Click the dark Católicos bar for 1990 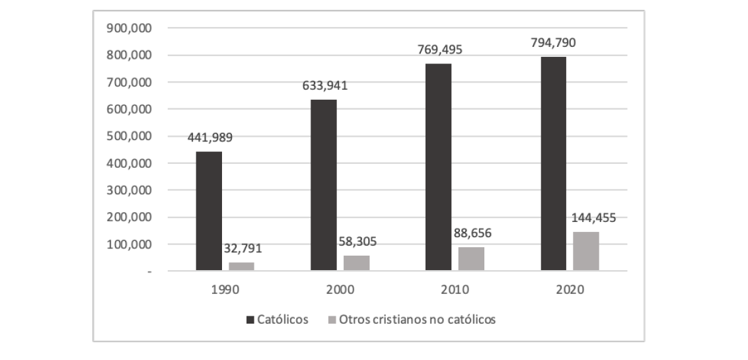(209, 211)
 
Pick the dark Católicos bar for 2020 (553, 163)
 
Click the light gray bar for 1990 (241, 266)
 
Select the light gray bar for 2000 (356, 263)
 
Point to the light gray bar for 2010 (471, 258)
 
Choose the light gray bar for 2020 (585, 251)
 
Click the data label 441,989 (210, 138)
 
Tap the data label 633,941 (325, 86)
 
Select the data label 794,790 (553, 43)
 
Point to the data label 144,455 (593, 218)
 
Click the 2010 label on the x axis (455, 289)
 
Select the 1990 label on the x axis (225, 289)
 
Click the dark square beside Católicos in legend (250, 320)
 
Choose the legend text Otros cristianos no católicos (417, 320)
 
